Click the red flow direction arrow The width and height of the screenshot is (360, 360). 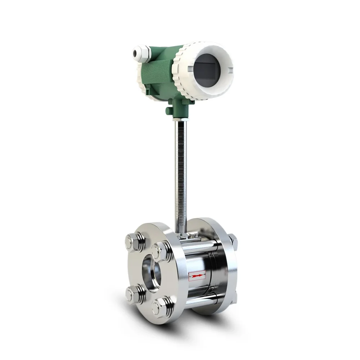197,276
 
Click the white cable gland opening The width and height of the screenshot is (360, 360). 136,53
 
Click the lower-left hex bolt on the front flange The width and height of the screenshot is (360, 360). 134,294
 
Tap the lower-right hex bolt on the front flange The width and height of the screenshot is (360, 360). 162,306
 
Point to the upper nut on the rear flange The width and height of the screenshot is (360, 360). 232,239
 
